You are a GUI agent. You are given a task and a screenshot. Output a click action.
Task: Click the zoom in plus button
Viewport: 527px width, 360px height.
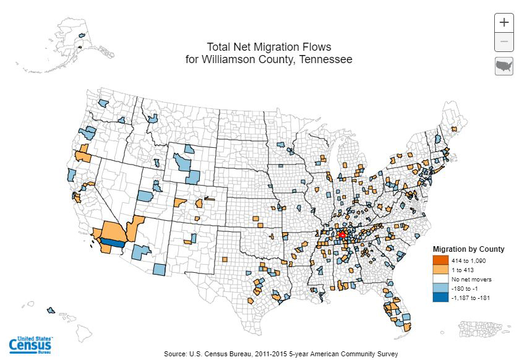coord(504,22)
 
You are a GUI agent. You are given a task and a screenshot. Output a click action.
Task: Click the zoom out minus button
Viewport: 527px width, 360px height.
coord(504,41)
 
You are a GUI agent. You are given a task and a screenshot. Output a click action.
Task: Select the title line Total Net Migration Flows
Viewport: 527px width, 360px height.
coord(269,47)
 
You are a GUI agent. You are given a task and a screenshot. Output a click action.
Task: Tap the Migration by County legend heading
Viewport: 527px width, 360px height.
coord(468,249)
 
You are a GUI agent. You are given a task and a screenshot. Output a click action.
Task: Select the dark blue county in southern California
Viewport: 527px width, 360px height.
coord(111,243)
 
